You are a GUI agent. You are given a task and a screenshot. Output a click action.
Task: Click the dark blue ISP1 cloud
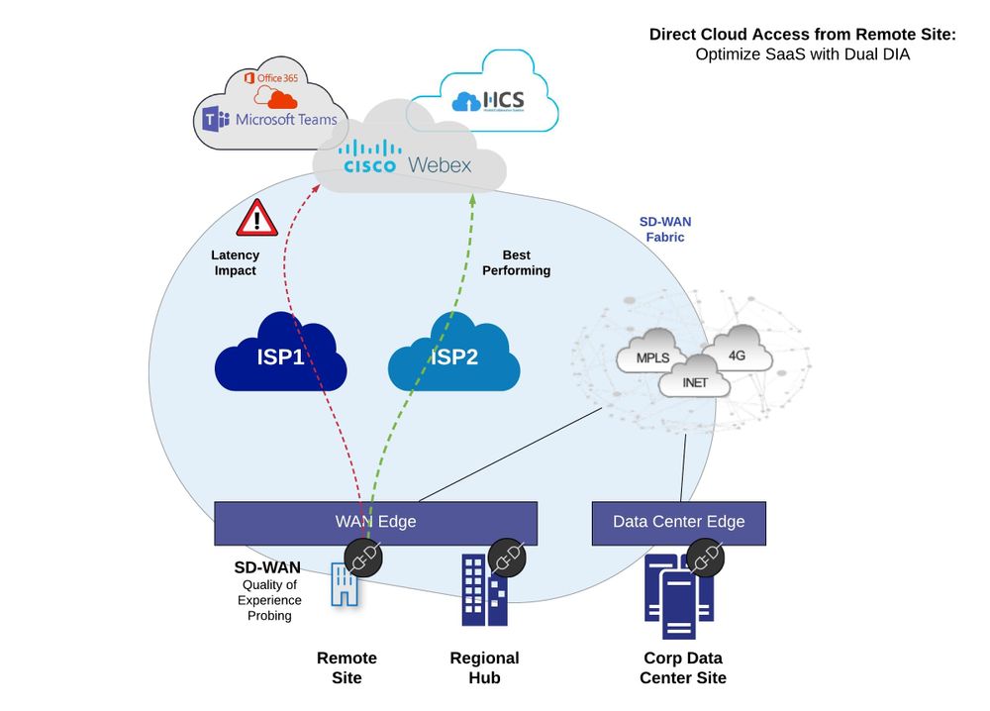click(x=281, y=355)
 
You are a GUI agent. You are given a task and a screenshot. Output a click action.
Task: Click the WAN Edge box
click(x=375, y=522)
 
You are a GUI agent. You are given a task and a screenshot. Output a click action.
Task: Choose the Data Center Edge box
click(x=678, y=522)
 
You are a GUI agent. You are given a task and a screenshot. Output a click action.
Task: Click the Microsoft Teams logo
click(x=269, y=120)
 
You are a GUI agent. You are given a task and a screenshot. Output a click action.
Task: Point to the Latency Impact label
click(x=236, y=262)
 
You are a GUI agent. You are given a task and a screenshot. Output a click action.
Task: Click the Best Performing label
click(x=513, y=262)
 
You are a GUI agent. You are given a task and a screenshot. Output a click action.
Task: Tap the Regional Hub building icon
click(x=484, y=589)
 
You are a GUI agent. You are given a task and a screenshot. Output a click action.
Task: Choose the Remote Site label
click(x=346, y=667)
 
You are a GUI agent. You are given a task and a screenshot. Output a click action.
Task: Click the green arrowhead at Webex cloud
click(x=472, y=197)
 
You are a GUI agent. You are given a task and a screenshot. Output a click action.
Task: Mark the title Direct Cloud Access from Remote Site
click(x=802, y=35)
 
